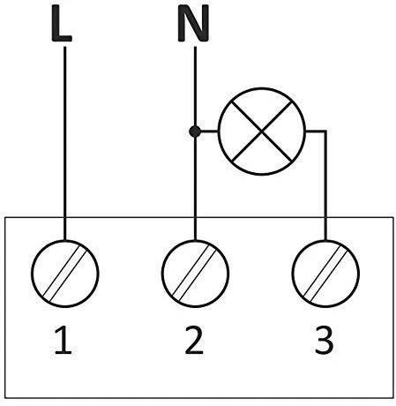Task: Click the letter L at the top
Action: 62,24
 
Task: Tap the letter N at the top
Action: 193,24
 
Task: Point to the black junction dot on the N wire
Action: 195,132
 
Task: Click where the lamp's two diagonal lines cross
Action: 262,132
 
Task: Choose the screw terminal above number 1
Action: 65,274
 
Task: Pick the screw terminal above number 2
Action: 195,274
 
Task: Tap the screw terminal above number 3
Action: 325,274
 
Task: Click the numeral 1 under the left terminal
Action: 64,340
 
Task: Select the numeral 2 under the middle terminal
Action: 194,340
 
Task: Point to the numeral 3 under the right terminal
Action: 324,340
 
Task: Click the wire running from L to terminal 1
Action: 65,143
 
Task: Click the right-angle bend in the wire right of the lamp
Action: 325,132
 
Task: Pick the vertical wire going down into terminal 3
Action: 325,185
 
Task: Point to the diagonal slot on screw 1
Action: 65,274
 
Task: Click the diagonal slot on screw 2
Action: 195,274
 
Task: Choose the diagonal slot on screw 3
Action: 325,274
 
